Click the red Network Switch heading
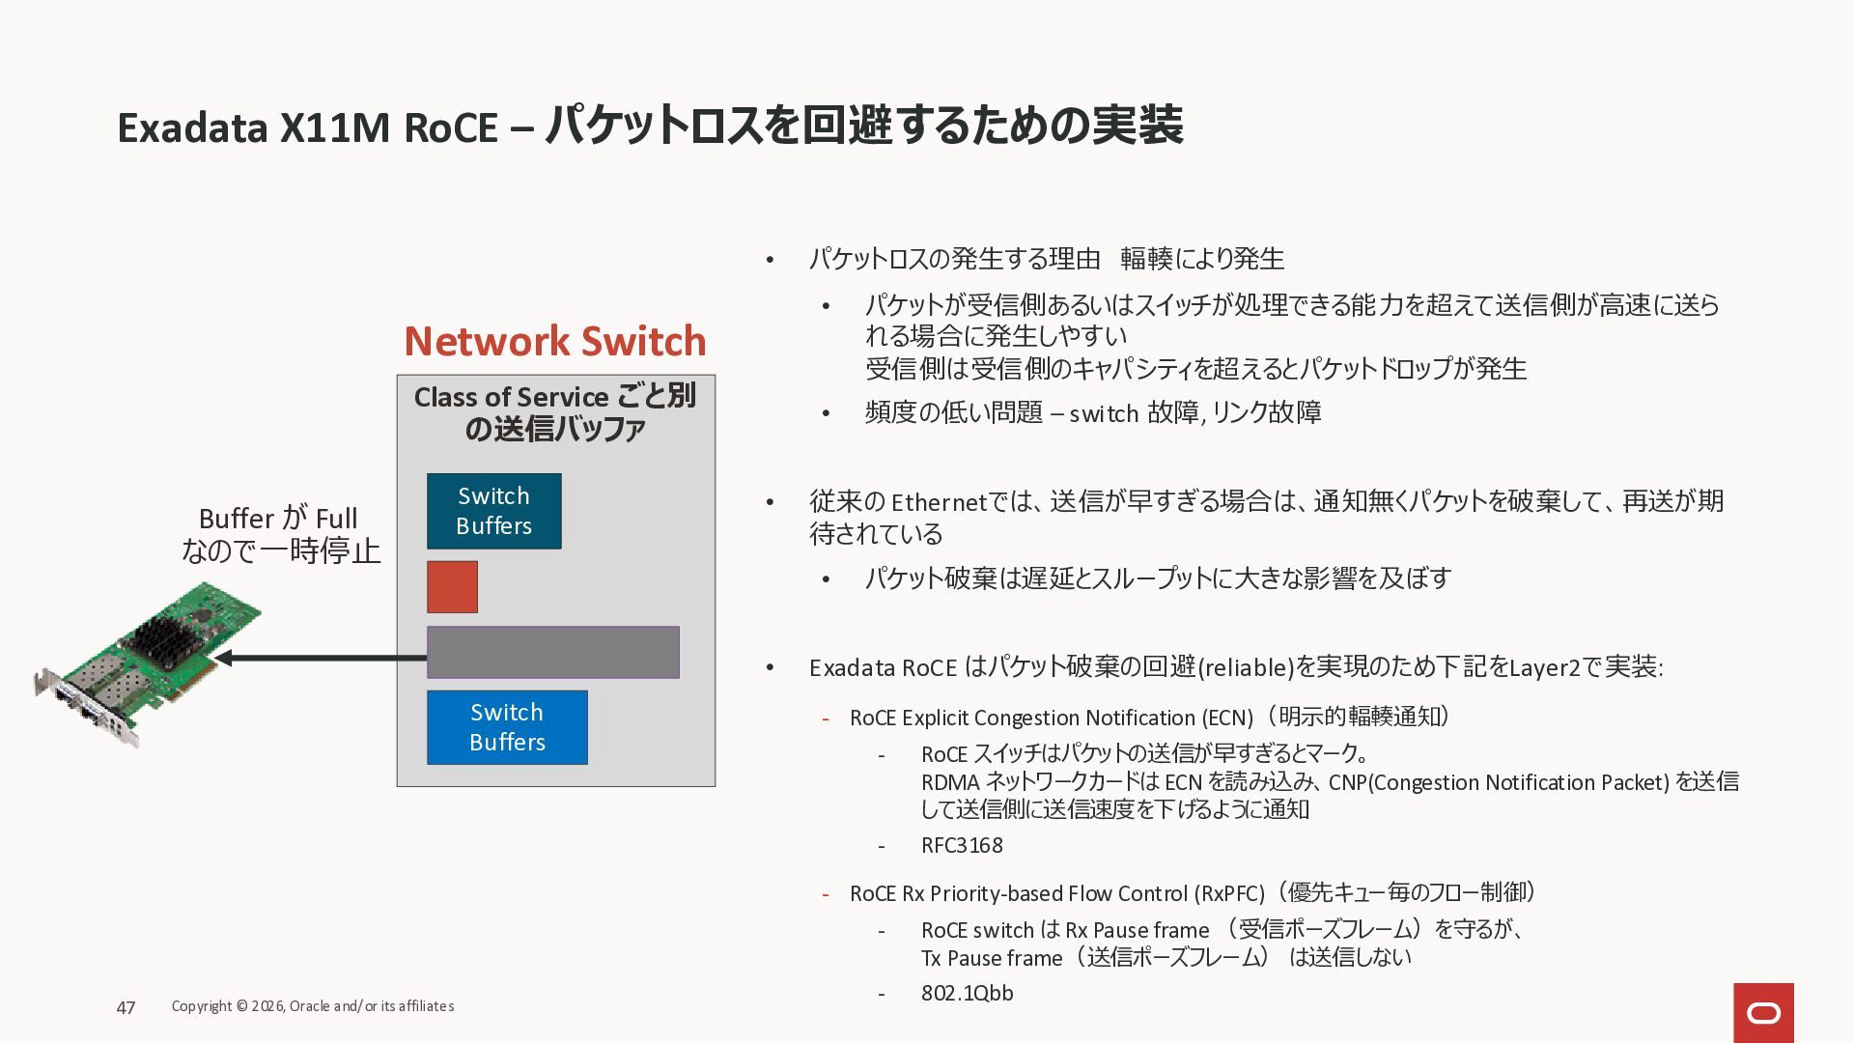coord(554,341)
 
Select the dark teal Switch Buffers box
coord(493,511)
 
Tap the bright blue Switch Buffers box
coord(507,727)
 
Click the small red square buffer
coord(452,586)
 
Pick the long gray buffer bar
coord(552,652)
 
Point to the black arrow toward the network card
coord(319,659)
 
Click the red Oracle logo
coord(1763,1012)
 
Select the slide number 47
coord(126,1007)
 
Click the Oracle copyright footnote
coord(312,1006)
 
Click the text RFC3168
coord(962,846)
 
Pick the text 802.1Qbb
coord(967,993)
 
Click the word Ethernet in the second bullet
coord(939,503)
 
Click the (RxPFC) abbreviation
coord(1229,893)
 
